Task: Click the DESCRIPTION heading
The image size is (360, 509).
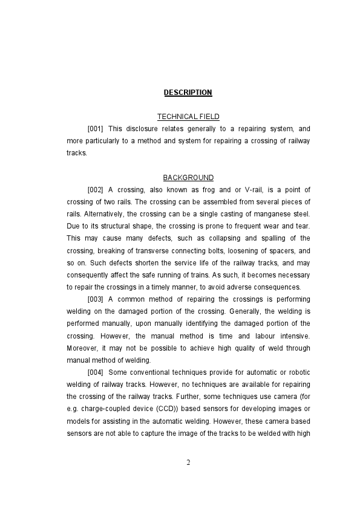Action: tap(188, 92)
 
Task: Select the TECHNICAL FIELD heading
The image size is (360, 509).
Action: tap(188, 117)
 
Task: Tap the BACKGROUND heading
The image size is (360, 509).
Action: tap(188, 178)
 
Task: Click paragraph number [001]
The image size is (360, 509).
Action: tap(96, 129)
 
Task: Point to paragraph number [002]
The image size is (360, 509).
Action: tap(96, 190)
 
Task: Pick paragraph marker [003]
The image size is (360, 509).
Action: tap(96, 299)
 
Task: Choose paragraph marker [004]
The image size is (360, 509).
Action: tap(96, 372)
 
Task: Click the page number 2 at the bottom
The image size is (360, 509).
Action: tap(188, 462)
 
